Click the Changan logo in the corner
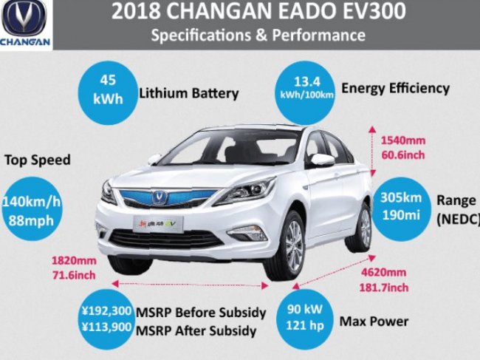(x=26, y=24)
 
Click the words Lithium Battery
(x=188, y=94)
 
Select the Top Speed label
(x=38, y=160)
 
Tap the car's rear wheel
(x=363, y=226)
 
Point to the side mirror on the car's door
(x=321, y=159)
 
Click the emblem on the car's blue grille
(x=160, y=197)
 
